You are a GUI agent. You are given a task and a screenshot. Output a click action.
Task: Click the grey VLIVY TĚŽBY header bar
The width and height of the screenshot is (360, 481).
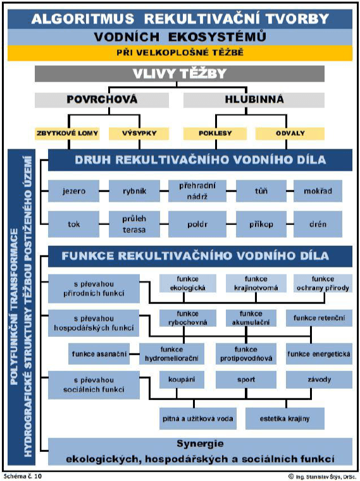pyautogui.click(x=179, y=73)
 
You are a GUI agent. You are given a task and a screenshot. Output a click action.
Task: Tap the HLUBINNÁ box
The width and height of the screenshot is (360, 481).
pyautogui.click(x=255, y=100)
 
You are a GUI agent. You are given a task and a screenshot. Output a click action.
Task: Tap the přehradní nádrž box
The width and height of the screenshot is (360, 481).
pyautogui.click(x=194, y=190)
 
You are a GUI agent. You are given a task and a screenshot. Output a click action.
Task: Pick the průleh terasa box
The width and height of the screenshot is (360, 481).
pyautogui.click(x=133, y=223)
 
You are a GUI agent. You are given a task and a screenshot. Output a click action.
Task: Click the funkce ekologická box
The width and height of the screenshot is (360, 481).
pyautogui.click(x=183, y=283)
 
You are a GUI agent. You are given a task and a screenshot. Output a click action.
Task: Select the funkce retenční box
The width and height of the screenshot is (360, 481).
pyautogui.click(x=318, y=318)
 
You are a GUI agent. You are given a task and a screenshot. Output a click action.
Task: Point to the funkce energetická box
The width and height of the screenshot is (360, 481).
pyautogui.click(x=318, y=353)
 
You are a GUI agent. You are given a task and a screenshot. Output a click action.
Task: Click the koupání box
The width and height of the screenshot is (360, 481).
pyautogui.click(x=182, y=380)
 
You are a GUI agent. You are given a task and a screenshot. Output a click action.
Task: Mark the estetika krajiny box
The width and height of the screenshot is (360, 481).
pyautogui.click(x=283, y=418)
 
